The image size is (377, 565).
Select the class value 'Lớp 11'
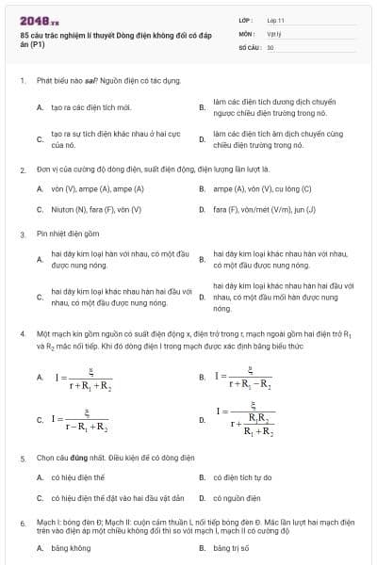(x=276, y=19)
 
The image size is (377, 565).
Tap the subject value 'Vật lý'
(x=274, y=32)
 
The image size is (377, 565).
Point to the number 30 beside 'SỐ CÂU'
(x=270, y=46)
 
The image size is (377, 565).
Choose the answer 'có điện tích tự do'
(x=242, y=477)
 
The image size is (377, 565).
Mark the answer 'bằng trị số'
(x=232, y=546)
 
